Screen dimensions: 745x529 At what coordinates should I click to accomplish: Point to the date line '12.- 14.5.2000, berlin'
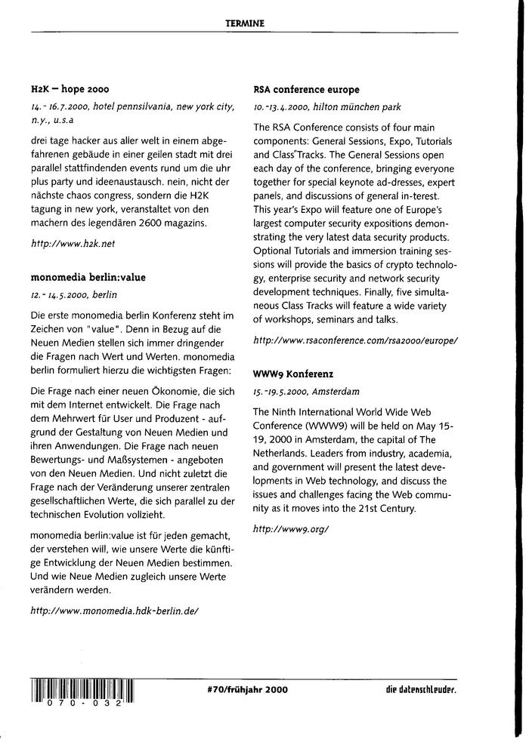pos(74,294)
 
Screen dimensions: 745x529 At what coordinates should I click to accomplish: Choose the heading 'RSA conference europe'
pos(307,89)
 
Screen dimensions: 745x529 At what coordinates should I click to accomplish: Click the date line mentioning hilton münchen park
pos(327,107)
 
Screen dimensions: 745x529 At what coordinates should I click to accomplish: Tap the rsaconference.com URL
pos(356,340)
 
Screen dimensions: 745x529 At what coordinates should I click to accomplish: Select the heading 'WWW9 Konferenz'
pos(294,374)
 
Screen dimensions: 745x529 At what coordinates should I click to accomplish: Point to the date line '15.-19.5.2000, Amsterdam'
pos(306,393)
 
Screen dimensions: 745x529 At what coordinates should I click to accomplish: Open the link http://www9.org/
pos(291,528)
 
